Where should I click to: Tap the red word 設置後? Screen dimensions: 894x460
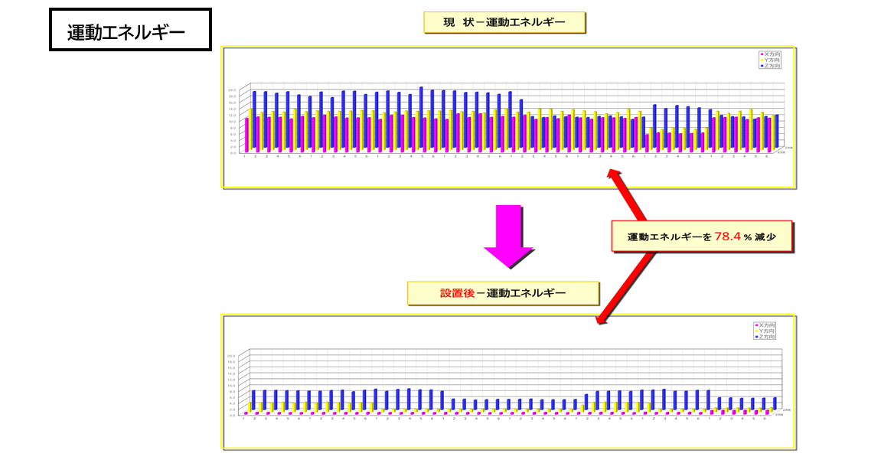pos(457,293)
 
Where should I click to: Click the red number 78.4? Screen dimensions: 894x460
pos(728,237)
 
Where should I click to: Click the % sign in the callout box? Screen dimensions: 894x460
pos(746,238)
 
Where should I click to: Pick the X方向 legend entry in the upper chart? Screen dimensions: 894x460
pos(771,54)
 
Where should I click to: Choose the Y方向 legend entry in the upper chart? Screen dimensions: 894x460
pos(771,60)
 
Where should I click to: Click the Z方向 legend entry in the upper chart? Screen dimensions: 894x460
pos(771,66)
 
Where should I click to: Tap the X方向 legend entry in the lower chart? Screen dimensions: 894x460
pos(765,325)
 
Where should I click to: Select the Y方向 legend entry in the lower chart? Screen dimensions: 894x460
pos(765,331)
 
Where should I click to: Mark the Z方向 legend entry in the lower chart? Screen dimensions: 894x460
pos(765,337)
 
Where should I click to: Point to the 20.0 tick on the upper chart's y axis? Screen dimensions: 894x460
pos(232,90)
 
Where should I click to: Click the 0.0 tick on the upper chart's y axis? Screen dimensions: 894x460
pos(233,152)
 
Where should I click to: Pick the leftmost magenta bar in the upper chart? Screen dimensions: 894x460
pos(246,135)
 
